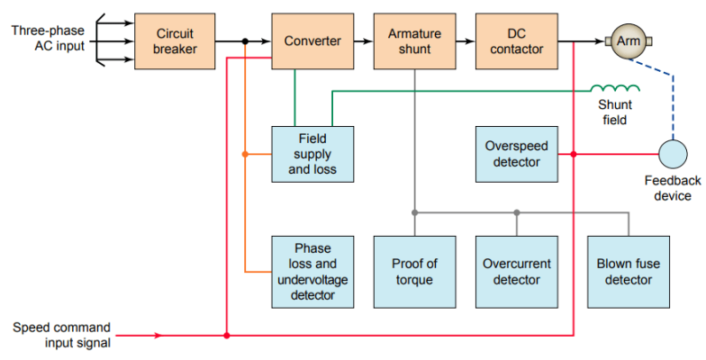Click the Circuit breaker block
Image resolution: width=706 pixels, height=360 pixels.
(x=175, y=40)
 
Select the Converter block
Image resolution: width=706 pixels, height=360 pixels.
(x=312, y=40)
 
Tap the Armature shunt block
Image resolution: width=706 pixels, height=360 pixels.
(x=414, y=40)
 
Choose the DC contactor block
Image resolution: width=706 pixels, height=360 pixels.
(x=516, y=40)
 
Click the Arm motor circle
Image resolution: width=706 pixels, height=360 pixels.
(x=627, y=40)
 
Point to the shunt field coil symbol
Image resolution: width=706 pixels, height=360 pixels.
(x=615, y=88)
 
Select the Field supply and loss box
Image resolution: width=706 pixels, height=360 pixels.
(x=312, y=154)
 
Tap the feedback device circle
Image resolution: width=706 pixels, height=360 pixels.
(x=671, y=154)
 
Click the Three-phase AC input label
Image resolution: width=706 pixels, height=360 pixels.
(x=48, y=38)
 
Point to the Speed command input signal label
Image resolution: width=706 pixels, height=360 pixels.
(x=61, y=335)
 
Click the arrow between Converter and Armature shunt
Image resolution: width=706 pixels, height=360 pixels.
(x=363, y=40)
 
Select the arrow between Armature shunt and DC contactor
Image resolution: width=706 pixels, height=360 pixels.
(x=465, y=40)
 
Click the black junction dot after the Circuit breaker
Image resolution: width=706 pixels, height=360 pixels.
(x=245, y=40)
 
